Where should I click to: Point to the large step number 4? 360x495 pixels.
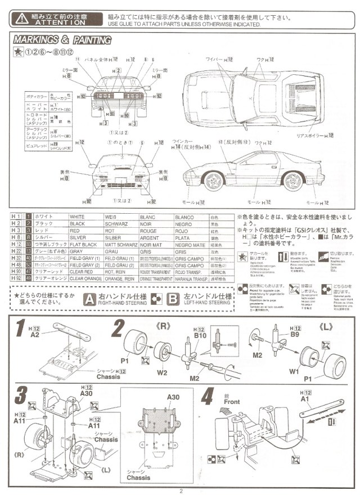(207, 398)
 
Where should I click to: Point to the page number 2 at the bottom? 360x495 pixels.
(181, 489)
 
